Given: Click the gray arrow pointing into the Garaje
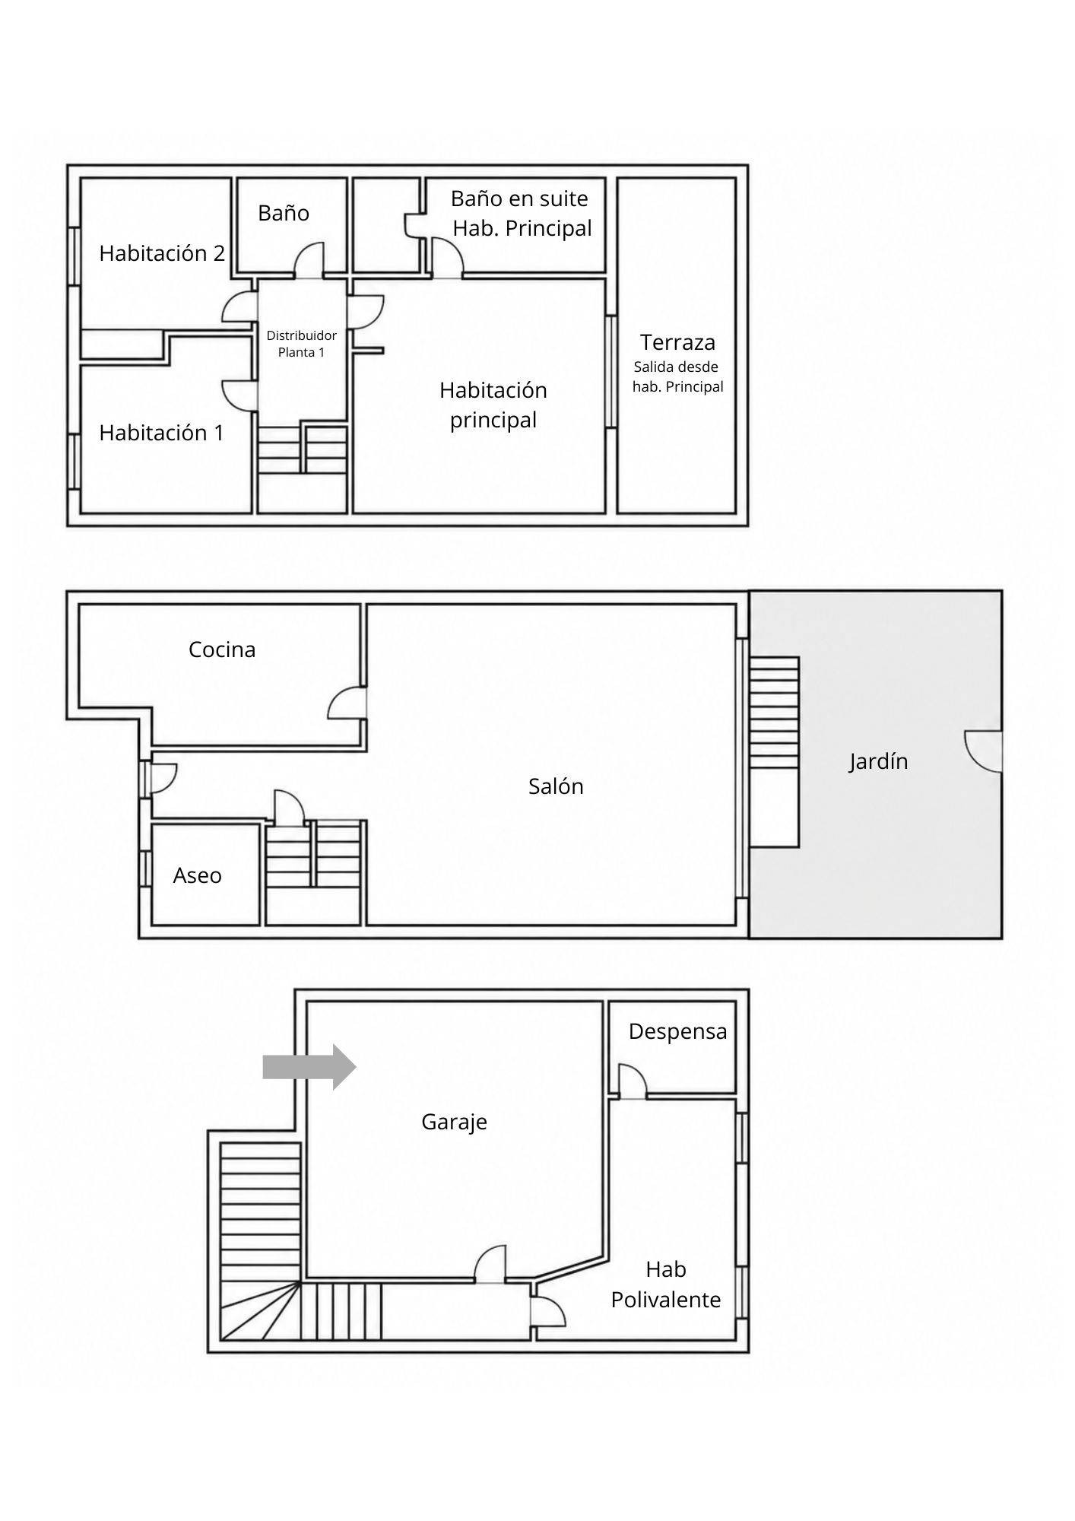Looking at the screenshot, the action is pyautogui.click(x=309, y=1067).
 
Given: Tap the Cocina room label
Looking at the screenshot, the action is pyautogui.click(x=222, y=649).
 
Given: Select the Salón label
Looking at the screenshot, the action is pyautogui.click(x=556, y=786).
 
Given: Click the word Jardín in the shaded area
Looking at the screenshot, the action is pyautogui.click(x=878, y=761).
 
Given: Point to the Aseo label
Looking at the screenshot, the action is pyautogui.click(x=198, y=875).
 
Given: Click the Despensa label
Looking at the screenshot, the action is pyautogui.click(x=677, y=1032).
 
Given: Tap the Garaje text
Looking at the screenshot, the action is pyautogui.click(x=454, y=1122).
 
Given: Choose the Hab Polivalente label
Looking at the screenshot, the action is pyautogui.click(x=666, y=1284).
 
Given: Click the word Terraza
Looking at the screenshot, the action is pyautogui.click(x=677, y=342).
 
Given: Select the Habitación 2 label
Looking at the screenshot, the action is pyautogui.click(x=162, y=253).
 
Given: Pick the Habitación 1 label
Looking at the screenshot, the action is pyautogui.click(x=161, y=433).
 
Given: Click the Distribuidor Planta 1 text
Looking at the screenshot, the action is pyautogui.click(x=301, y=344).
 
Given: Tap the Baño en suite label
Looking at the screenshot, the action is pyautogui.click(x=519, y=198).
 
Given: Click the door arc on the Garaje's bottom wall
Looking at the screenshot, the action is pyautogui.click(x=490, y=1264).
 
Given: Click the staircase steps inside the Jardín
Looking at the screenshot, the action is pyautogui.click(x=774, y=713).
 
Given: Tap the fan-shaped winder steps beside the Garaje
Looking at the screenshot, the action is pyautogui.click(x=258, y=1312).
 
